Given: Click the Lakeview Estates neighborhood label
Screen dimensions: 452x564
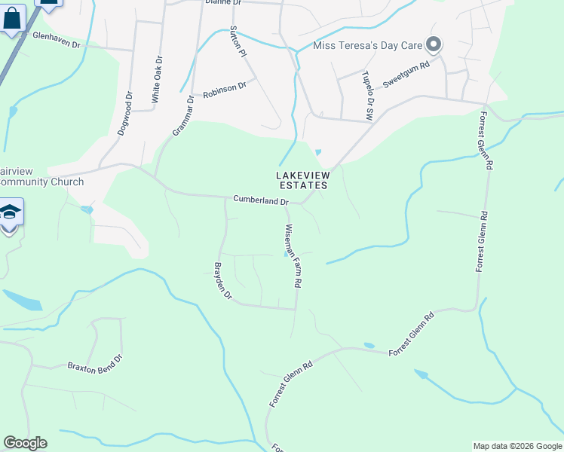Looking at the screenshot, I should tap(302, 180).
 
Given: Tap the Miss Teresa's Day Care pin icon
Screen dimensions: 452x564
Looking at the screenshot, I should tap(434, 45).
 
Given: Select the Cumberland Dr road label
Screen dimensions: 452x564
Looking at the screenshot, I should tap(261, 201).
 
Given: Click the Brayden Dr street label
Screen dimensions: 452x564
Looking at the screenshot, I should tap(222, 281).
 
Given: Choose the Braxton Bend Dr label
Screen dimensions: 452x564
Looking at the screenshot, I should tap(95, 362).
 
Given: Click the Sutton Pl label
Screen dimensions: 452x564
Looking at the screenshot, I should tap(238, 43).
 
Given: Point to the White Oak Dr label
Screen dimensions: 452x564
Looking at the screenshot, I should tap(157, 80).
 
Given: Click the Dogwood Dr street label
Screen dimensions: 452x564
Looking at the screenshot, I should tap(124, 114).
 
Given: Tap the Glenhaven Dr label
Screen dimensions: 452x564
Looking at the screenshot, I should tap(57, 39).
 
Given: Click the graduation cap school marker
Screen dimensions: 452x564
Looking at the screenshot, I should tap(9, 212).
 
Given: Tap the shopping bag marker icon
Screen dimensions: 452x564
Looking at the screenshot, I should tap(13, 19).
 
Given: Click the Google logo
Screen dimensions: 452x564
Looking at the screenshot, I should tap(25, 443).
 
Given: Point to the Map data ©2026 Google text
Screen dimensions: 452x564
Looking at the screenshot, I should tap(516, 446).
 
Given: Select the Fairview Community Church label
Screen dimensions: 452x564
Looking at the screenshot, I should tap(41, 176).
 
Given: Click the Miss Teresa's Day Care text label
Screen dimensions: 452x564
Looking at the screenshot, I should tap(369, 46).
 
